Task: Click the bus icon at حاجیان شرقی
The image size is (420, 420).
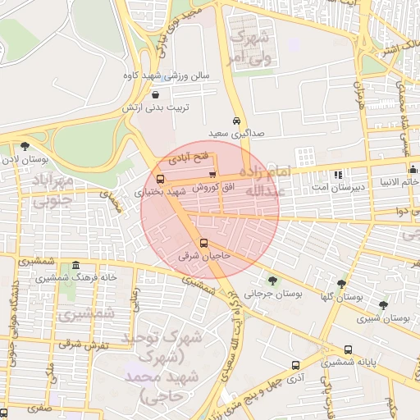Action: pos(203,243)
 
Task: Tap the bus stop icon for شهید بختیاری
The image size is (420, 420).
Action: pos(159,179)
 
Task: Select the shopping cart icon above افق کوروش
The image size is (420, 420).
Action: pos(212,174)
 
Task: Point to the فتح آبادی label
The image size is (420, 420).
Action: pos(189,155)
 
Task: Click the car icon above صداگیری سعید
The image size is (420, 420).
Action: pos(236,121)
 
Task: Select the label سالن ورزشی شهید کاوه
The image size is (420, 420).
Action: pos(174,76)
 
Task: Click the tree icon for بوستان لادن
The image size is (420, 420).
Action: pos(25,146)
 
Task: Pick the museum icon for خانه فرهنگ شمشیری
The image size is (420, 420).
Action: pos(76,265)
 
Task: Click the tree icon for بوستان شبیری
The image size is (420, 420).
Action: pos(383,305)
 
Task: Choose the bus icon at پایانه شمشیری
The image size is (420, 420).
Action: pos(349,349)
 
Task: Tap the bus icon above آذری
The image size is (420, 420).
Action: pos(294,366)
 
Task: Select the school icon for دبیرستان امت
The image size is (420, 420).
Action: pos(338,175)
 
